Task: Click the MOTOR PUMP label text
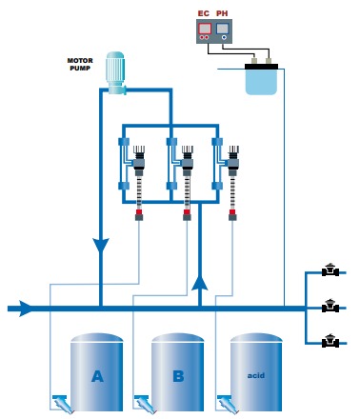pyautogui.click(x=80, y=64)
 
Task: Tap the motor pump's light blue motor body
pyautogui.click(x=115, y=69)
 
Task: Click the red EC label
pyautogui.click(x=204, y=13)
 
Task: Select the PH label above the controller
pyautogui.click(x=222, y=13)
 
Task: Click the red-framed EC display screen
pyautogui.click(x=205, y=29)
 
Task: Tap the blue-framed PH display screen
pyautogui.click(x=222, y=29)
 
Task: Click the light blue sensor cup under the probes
pyautogui.click(x=261, y=82)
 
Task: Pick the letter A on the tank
pyautogui.click(x=97, y=376)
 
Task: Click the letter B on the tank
pyautogui.click(x=178, y=376)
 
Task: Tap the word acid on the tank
pyautogui.click(x=256, y=375)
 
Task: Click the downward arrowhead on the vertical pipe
pyautogui.click(x=101, y=246)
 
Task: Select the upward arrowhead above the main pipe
pyautogui.click(x=200, y=283)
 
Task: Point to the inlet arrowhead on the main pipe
pyautogui.click(x=25, y=309)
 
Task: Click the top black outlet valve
pyautogui.click(x=330, y=269)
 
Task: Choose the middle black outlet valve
pyautogui.click(x=330, y=306)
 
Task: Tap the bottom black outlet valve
pyautogui.click(x=330, y=341)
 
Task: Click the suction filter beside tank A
pyautogui.click(x=63, y=404)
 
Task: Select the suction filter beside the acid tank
pyautogui.click(x=228, y=404)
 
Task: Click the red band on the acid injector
pyautogui.click(x=232, y=212)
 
